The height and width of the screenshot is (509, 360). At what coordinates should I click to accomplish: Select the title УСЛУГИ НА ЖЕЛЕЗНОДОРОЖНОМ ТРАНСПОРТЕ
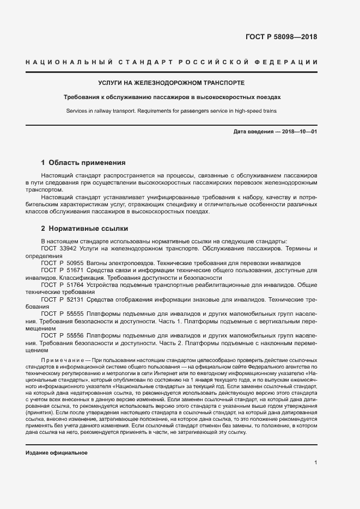pos(171,83)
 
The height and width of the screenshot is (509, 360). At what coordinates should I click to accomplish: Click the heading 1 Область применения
pos(83,162)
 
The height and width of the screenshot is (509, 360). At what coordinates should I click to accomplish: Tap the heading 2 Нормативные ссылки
pos(84,229)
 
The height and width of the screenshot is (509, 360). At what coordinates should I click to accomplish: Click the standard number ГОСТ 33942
pos(62,248)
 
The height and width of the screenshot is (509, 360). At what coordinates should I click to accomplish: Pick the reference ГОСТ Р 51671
pos(64,270)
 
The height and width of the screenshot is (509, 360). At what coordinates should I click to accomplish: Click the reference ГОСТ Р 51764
pos(64,285)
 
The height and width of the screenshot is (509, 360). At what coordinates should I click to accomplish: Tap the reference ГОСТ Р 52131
pos(64,299)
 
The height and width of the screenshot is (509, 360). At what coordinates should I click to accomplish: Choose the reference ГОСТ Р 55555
pos(64,314)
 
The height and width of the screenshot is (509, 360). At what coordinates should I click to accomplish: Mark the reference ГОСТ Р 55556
pos(64,336)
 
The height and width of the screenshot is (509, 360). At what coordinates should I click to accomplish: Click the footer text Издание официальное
pos(57,453)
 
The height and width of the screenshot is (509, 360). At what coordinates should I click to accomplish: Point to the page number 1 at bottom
pos(315,463)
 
